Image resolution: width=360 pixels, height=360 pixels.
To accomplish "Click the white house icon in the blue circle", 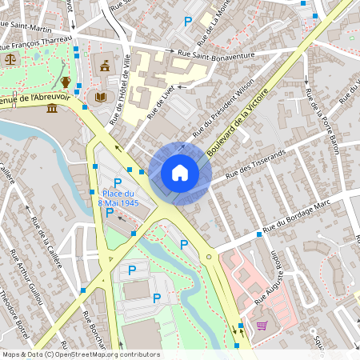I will [180, 173].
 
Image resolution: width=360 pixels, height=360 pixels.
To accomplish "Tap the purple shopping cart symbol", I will [262, 326].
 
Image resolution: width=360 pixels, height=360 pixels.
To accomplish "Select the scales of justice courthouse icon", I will [10, 58].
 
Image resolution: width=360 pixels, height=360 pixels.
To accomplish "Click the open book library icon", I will [101, 98].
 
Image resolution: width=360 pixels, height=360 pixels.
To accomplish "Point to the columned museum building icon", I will [52, 107].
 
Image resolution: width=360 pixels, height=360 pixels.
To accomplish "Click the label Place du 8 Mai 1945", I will [119, 198].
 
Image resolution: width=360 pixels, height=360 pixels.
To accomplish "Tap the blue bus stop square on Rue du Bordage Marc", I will [259, 234].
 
